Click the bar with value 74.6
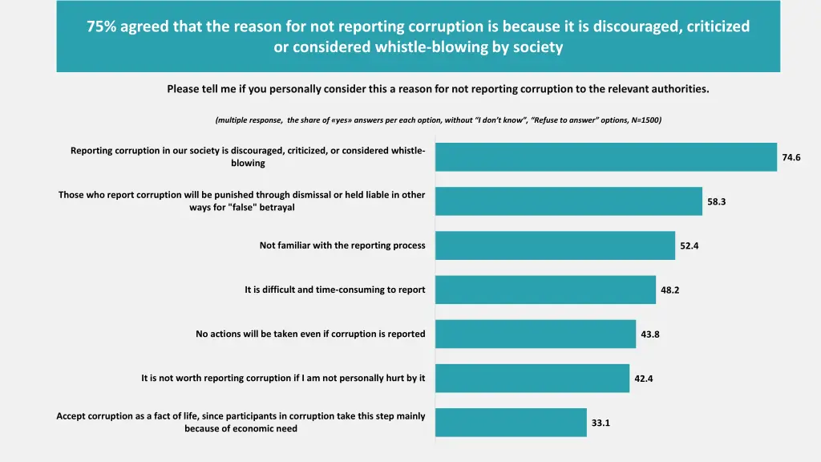tap(606, 157)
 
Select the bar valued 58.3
tap(568, 201)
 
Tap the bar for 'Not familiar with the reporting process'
tap(555, 245)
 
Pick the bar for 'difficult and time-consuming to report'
tap(545, 290)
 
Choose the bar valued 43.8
tap(536, 334)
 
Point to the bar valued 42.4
tap(532, 378)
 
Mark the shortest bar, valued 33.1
tap(511, 423)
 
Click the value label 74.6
tap(791, 157)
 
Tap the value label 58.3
tap(716, 201)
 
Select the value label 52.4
tap(689, 245)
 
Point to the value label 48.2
tap(669, 290)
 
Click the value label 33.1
tap(601, 423)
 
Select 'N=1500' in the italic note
tap(645, 120)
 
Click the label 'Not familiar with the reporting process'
tap(342, 245)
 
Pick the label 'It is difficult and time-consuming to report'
tap(335, 290)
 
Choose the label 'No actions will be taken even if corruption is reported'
tap(310, 334)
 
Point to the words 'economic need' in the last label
tap(268, 429)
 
